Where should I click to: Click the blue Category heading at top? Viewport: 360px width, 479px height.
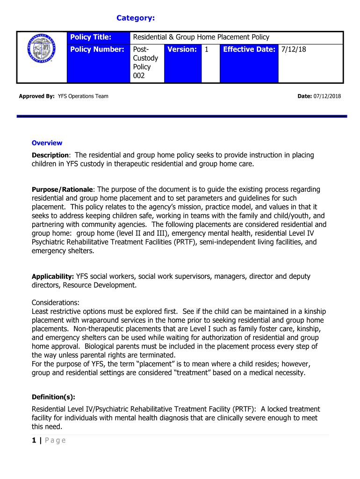click(x=136, y=18)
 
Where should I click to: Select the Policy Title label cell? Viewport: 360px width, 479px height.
click(x=91, y=37)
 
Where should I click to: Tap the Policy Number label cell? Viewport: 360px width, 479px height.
click(x=97, y=49)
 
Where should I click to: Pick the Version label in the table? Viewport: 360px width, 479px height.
click(x=182, y=49)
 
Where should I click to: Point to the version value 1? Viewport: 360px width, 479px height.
click(x=207, y=49)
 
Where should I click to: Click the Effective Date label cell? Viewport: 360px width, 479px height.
click(x=249, y=49)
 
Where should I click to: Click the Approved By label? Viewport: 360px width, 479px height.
click(x=36, y=96)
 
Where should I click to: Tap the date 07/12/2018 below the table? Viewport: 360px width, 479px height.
click(x=328, y=96)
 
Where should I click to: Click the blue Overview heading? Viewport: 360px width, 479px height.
click(x=47, y=143)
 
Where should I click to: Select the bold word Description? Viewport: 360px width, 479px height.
click(x=50, y=155)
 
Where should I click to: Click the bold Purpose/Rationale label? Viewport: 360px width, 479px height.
click(x=63, y=190)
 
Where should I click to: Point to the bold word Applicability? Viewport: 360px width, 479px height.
click(x=52, y=277)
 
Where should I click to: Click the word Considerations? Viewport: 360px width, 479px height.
click(x=55, y=303)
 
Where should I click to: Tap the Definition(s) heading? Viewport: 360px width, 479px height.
click(x=53, y=397)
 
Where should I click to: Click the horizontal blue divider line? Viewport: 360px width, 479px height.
click(x=182, y=116)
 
